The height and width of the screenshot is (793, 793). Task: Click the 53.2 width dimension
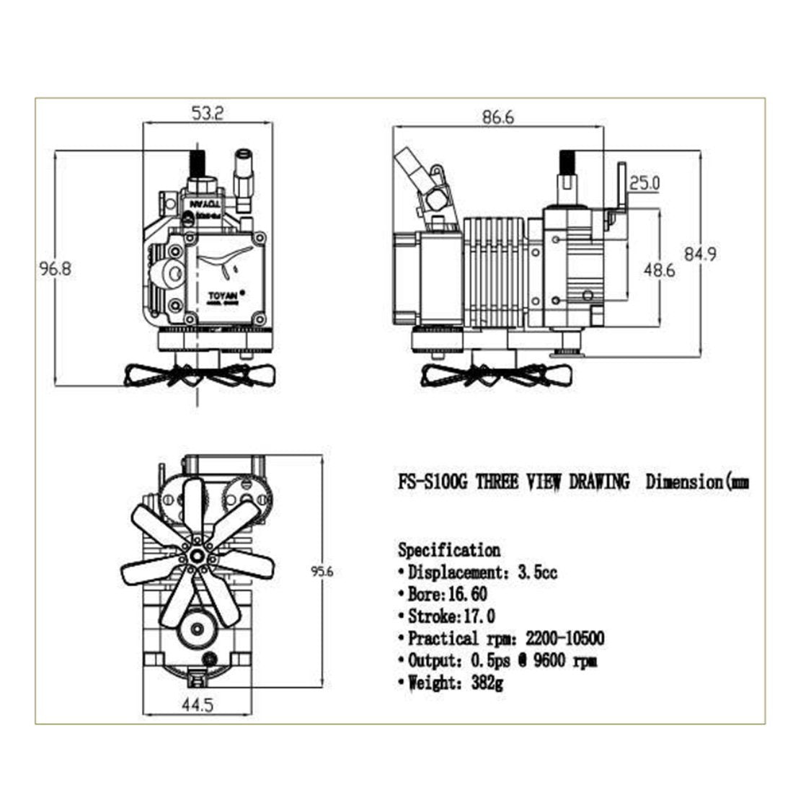(208, 112)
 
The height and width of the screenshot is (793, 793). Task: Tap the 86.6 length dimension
(498, 118)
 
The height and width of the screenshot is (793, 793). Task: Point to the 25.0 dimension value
(644, 183)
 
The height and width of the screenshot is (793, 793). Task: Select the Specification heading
(449, 550)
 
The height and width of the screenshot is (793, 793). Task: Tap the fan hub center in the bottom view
(196, 556)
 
